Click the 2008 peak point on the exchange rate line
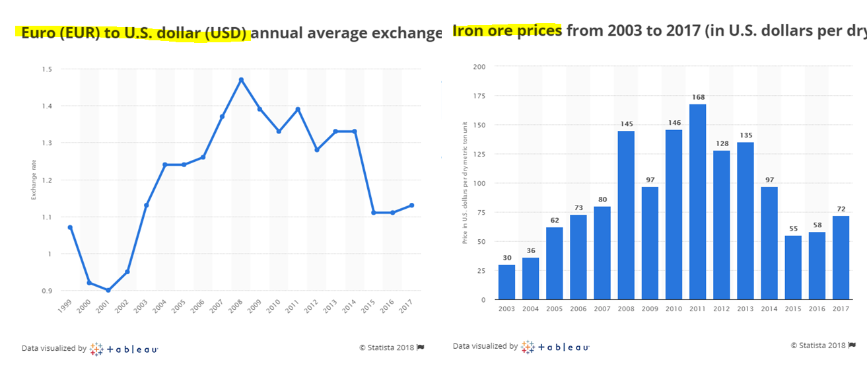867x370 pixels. click(241, 80)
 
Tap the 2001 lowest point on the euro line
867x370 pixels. click(108, 290)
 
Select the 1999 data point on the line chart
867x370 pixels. click(70, 227)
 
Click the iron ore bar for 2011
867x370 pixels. click(697, 202)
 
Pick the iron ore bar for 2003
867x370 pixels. click(506, 282)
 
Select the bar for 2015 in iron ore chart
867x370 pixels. click(793, 268)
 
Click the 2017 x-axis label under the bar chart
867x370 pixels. click(841, 309)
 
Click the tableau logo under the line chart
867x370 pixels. click(125, 349)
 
